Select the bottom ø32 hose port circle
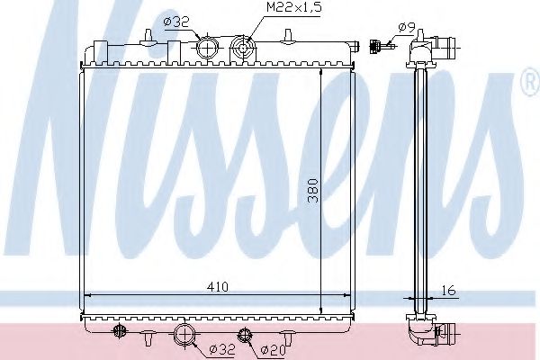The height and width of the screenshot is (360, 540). point(184,336)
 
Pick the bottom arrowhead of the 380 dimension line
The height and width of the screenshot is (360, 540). point(321,311)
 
